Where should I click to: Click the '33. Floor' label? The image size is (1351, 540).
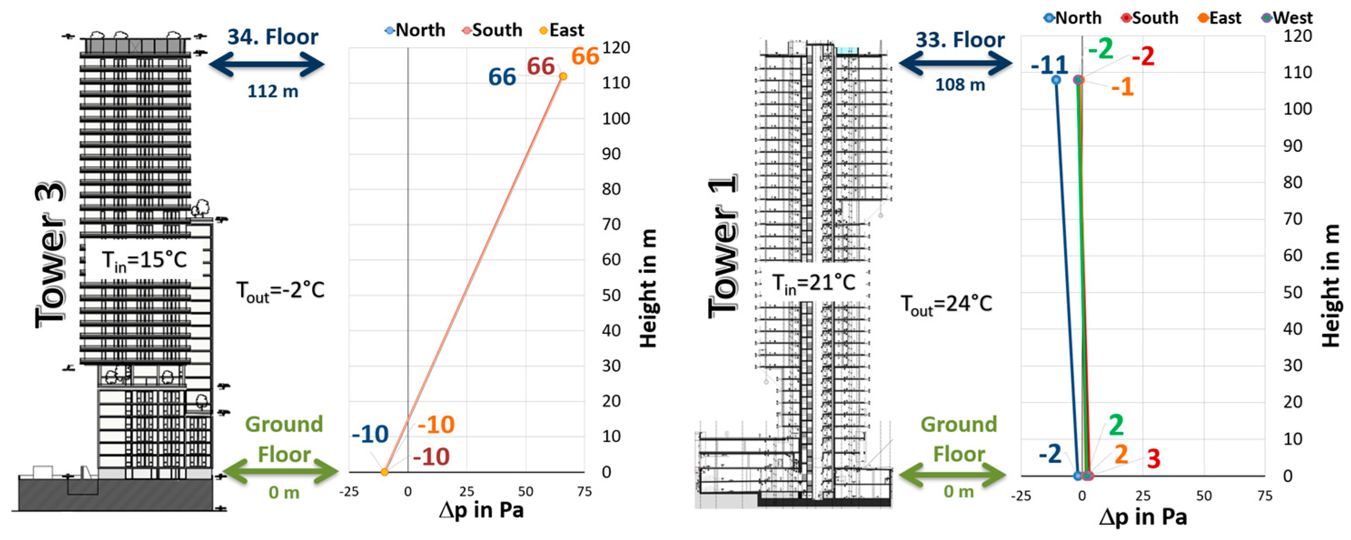pyautogui.click(x=960, y=40)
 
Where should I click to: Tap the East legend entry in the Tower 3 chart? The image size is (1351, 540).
pyautogui.click(x=562, y=30)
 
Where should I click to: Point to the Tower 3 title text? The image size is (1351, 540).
pyautogui.click(x=51, y=255)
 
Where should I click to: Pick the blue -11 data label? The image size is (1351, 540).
pyautogui.click(x=1049, y=65)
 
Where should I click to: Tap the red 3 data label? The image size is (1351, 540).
pyautogui.click(x=1153, y=459)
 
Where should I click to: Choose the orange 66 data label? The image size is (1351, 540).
pyautogui.click(x=585, y=57)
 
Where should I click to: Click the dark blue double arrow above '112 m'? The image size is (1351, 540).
pyautogui.click(x=267, y=65)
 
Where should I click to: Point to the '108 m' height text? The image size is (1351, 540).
pyautogui.click(x=960, y=85)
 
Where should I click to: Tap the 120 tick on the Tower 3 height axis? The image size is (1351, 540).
pyautogui.click(x=616, y=48)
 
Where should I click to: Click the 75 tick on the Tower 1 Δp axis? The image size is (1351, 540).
pyautogui.click(x=1264, y=496)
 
